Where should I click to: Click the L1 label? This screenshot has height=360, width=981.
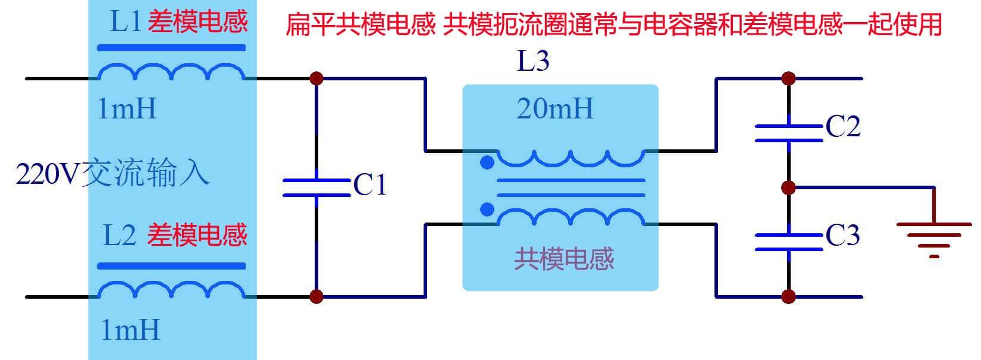(x=126, y=23)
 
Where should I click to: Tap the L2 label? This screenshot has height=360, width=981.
(x=120, y=235)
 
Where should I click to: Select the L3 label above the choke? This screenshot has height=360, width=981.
(x=533, y=61)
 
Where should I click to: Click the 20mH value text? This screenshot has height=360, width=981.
(x=555, y=109)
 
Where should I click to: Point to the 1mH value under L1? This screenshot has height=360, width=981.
(x=127, y=109)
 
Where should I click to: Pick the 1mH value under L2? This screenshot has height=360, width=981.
(x=130, y=330)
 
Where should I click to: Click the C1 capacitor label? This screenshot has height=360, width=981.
(x=370, y=185)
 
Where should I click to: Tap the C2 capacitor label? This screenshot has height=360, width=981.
(x=843, y=127)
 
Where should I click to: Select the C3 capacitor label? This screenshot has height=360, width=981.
(x=843, y=236)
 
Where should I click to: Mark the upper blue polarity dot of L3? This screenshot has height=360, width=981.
(x=487, y=162)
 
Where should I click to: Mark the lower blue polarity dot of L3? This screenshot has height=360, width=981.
(x=487, y=209)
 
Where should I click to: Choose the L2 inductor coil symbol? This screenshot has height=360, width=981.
(x=171, y=290)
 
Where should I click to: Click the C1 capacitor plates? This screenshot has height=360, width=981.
(x=316, y=187)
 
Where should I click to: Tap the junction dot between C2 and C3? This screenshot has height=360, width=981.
(x=788, y=188)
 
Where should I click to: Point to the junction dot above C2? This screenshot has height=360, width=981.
(x=788, y=78)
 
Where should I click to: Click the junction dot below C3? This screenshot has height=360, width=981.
(x=788, y=296)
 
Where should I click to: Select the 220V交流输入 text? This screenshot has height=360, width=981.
(x=113, y=174)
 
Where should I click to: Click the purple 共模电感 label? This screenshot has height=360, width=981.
(x=563, y=259)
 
